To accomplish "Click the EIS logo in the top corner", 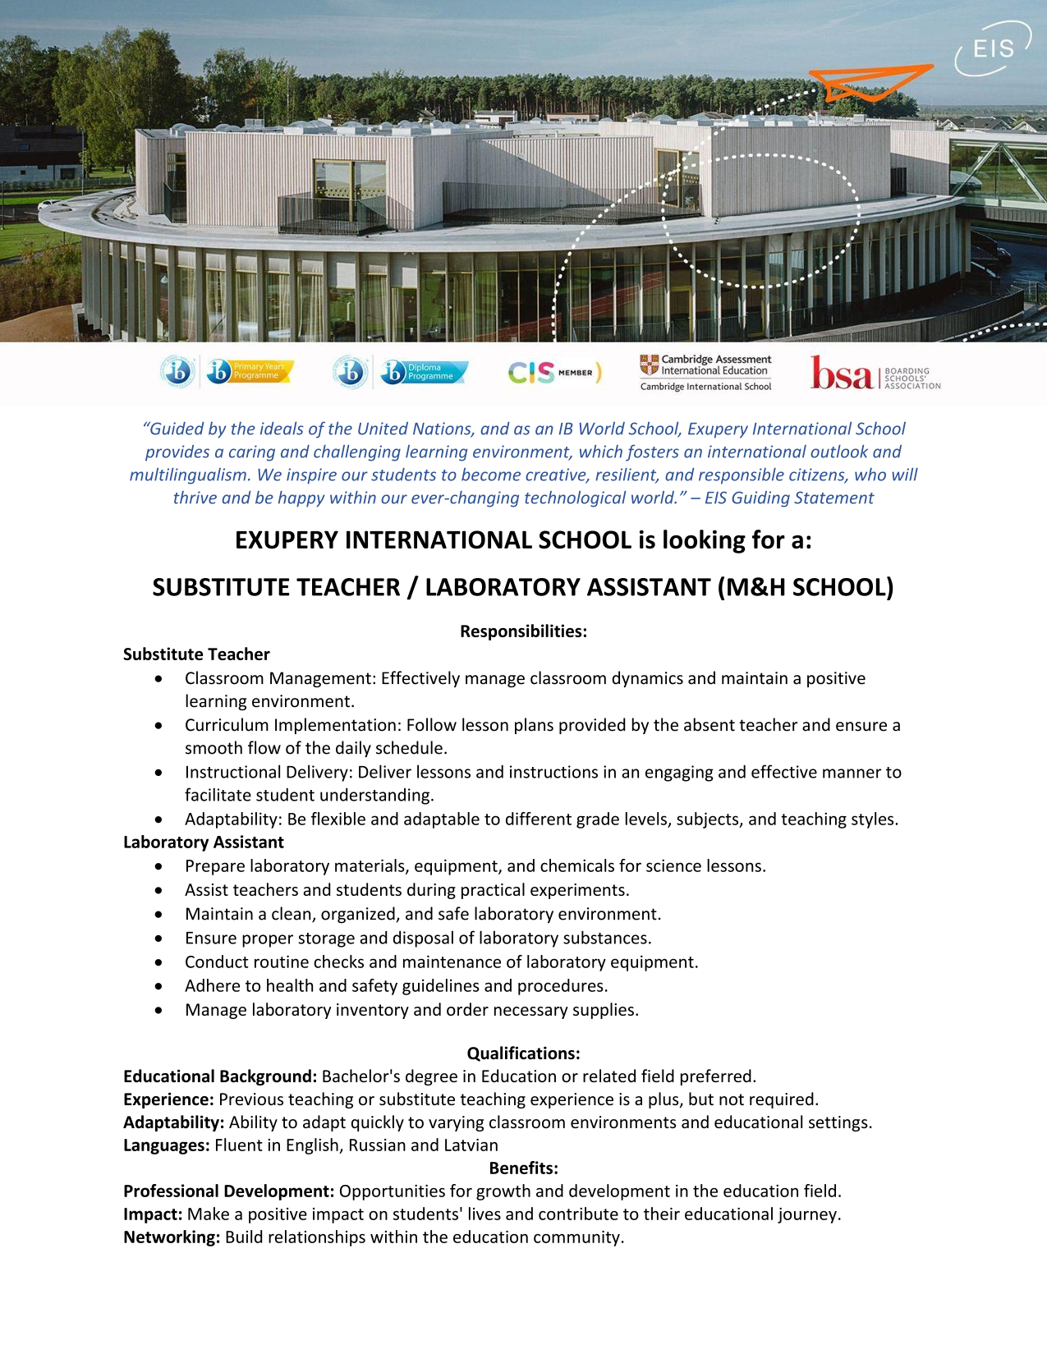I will pyautogui.click(x=992, y=49).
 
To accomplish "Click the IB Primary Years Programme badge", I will pyautogui.click(x=250, y=372).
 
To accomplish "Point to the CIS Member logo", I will pyautogui.click(x=554, y=373).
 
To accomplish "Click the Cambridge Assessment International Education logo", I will pyautogui.click(x=706, y=372).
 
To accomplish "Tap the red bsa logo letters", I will pyautogui.click(x=841, y=374).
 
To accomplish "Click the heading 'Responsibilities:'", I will pyautogui.click(x=523, y=631).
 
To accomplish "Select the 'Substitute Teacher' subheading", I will pyautogui.click(x=196, y=654).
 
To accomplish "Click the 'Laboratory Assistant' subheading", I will pyautogui.click(x=204, y=842).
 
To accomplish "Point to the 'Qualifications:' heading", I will pyautogui.click(x=523, y=1053).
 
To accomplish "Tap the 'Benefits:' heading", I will pyautogui.click(x=523, y=1168).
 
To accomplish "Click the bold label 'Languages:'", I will pyautogui.click(x=167, y=1145).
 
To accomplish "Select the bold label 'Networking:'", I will pyautogui.click(x=172, y=1237).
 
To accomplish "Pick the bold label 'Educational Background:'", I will pyautogui.click(x=220, y=1076).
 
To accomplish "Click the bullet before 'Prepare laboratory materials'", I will pyautogui.click(x=158, y=866).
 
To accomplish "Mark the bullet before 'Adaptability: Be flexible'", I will pyautogui.click(x=158, y=819).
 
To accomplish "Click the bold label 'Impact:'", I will pyautogui.click(x=153, y=1214).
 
